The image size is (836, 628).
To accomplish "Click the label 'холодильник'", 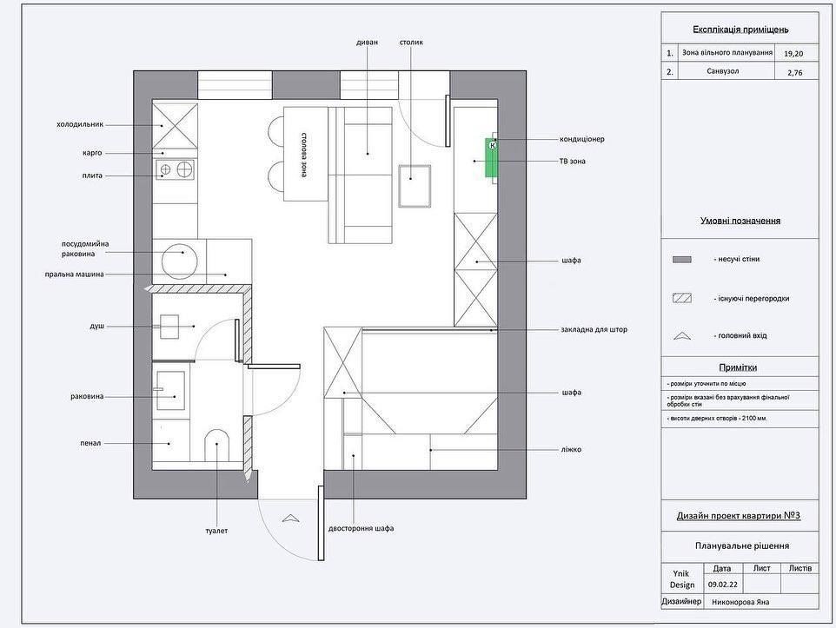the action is (80, 125).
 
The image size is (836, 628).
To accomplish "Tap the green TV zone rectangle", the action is (491, 157).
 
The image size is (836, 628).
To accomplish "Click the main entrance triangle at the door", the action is (290, 517).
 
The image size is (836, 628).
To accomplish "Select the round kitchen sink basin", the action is (180, 261).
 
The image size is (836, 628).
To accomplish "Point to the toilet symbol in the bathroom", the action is (216, 445).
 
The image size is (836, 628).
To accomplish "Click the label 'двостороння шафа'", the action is (361, 529).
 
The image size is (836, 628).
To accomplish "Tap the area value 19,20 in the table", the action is (793, 53).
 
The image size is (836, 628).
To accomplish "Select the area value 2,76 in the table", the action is (794, 72).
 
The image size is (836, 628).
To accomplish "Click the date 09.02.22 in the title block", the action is (723, 585).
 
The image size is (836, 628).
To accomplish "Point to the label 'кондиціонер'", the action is (581, 139).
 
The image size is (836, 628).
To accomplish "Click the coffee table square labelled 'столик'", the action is (415, 186).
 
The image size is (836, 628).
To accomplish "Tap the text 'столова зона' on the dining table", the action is (303, 155).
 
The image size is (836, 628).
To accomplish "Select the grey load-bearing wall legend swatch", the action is (682, 260).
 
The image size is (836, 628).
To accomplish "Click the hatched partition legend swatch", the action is (682, 298).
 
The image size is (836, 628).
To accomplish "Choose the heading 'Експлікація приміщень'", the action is (740, 30).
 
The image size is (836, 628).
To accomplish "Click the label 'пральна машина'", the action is (74, 274).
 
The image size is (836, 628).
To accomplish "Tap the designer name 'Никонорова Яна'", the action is (740, 602).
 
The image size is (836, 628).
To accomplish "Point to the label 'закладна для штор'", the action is (594, 329).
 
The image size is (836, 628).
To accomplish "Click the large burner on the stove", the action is (184, 169).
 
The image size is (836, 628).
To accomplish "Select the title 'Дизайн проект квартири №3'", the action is (739, 516).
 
